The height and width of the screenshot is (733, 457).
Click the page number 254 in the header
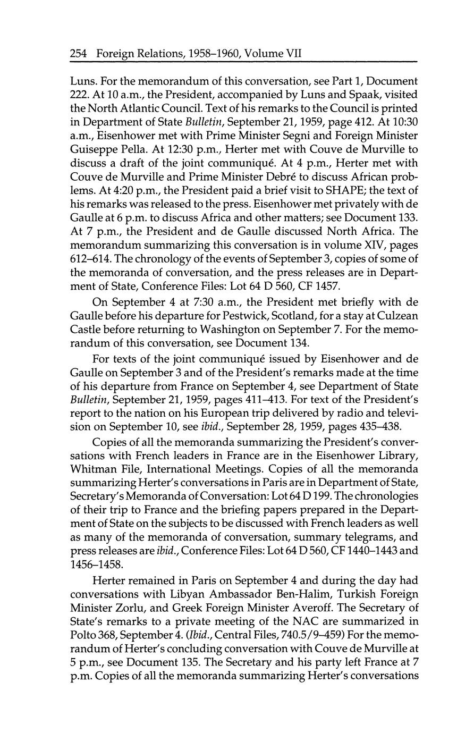coord(79,53)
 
